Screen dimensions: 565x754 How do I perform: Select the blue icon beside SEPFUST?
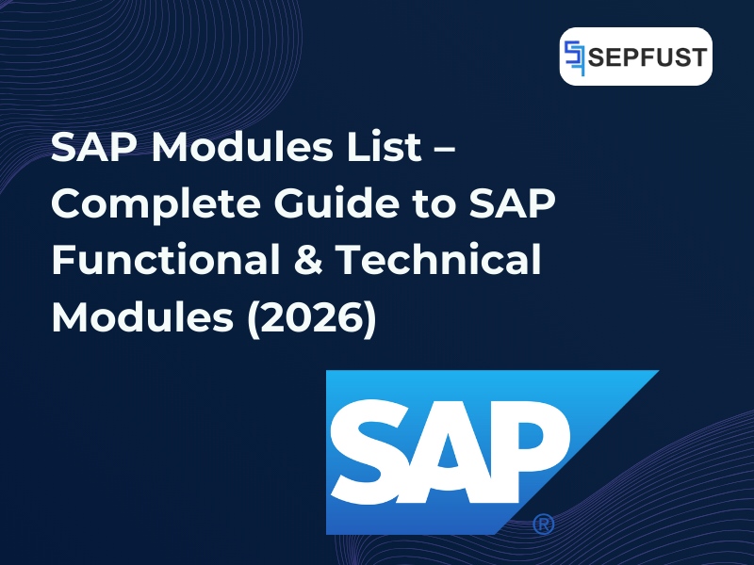574,56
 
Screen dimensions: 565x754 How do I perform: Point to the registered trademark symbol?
543,524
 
